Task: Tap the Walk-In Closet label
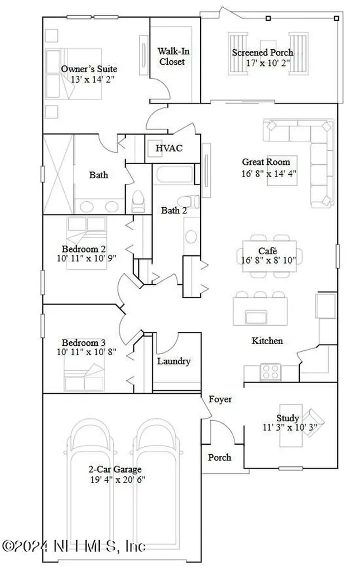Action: [x=172, y=56]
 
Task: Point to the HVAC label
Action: [x=169, y=149]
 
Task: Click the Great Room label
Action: [x=266, y=163]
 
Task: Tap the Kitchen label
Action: [x=267, y=341]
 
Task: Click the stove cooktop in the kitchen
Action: [x=271, y=370]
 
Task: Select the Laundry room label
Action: [x=174, y=361]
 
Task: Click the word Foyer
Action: [x=220, y=399]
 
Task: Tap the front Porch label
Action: [x=220, y=457]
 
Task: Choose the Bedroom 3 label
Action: [x=84, y=342]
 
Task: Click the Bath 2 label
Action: [x=171, y=211]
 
